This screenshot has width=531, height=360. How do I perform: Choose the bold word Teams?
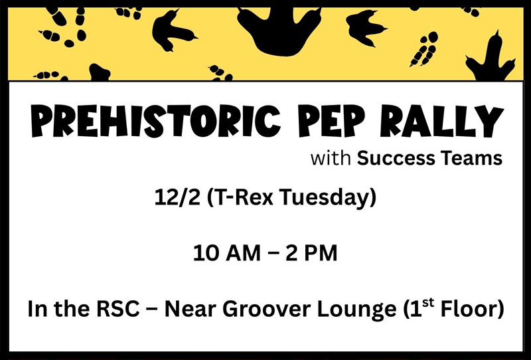pos(468,159)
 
